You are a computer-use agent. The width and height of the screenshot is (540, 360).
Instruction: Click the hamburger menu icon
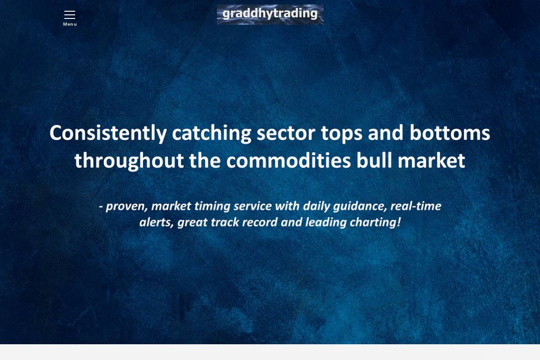click(70, 15)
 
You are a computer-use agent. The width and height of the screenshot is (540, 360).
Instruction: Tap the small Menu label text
click(70, 24)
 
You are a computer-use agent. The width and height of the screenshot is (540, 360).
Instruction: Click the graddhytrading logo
click(270, 14)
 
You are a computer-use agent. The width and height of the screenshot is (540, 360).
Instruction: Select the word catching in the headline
click(211, 134)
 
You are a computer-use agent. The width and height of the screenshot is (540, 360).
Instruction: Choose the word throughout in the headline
click(129, 161)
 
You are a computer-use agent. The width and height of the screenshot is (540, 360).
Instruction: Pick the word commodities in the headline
click(288, 161)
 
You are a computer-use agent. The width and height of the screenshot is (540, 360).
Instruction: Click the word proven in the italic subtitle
click(126, 207)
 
